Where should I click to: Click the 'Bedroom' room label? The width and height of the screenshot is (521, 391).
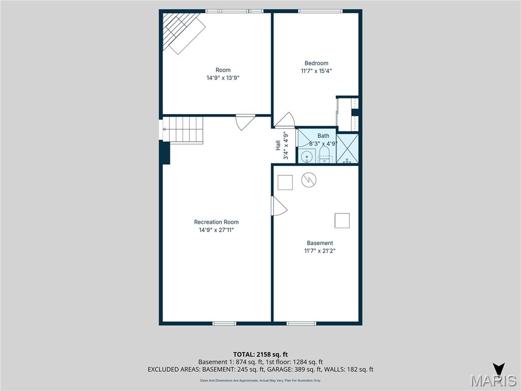[316, 63]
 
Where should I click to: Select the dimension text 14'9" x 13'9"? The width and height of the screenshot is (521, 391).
[223, 78]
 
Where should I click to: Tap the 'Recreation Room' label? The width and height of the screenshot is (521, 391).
[216, 222]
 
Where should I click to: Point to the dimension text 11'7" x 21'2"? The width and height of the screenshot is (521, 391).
[320, 250]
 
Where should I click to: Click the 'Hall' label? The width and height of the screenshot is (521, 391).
[278, 146]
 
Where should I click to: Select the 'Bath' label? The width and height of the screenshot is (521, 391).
[323, 136]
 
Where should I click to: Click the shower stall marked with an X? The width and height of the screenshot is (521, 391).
[348, 149]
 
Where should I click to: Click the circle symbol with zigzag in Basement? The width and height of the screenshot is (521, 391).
[309, 180]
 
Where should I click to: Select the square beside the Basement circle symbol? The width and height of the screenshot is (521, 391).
[285, 182]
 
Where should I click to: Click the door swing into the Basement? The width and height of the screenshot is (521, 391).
[279, 206]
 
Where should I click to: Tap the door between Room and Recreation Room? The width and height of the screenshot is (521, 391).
[245, 122]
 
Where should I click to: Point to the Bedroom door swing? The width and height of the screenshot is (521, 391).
[285, 120]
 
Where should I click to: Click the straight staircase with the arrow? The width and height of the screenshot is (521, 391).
[183, 130]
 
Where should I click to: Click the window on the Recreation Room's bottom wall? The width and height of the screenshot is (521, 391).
[224, 323]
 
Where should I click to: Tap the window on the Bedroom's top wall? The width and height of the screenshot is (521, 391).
[321, 11]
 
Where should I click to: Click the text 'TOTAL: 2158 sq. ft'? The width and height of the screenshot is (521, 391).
[260, 354]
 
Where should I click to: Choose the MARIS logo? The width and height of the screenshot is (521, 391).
[493, 379]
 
